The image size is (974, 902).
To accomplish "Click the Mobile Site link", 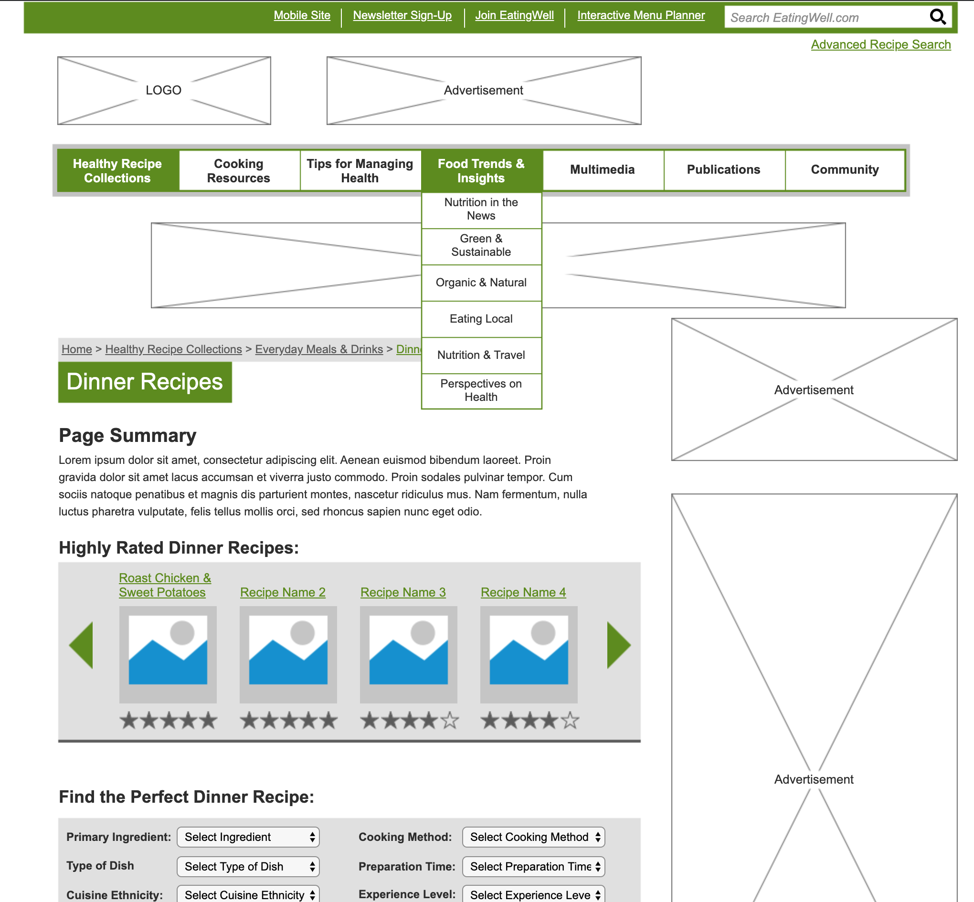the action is (302, 16).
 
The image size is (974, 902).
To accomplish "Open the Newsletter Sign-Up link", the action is (402, 16).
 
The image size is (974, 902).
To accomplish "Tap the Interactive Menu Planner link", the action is (641, 16).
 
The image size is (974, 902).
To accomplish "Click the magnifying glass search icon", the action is (937, 17).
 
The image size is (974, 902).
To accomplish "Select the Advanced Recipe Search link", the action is (880, 45).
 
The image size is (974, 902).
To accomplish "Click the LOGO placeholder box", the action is (164, 91).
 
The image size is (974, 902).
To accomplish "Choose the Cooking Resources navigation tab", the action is (239, 170).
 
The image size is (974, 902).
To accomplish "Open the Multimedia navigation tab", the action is (602, 170).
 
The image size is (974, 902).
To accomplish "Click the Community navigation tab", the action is (844, 170).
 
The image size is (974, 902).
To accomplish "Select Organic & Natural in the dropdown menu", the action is (481, 283).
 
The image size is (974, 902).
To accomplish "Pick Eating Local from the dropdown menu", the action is (481, 319).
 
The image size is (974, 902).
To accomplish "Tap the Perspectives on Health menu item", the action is (481, 390).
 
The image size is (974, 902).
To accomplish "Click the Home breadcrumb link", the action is (77, 349).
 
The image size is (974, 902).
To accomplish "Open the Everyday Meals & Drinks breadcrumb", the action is (319, 349).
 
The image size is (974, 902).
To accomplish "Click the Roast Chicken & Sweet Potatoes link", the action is (165, 585).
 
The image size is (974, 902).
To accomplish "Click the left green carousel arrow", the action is (82, 645).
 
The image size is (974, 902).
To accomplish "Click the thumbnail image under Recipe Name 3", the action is (408, 654).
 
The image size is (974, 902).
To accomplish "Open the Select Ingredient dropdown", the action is (248, 837).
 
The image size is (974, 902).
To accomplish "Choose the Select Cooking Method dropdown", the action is (533, 837).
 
